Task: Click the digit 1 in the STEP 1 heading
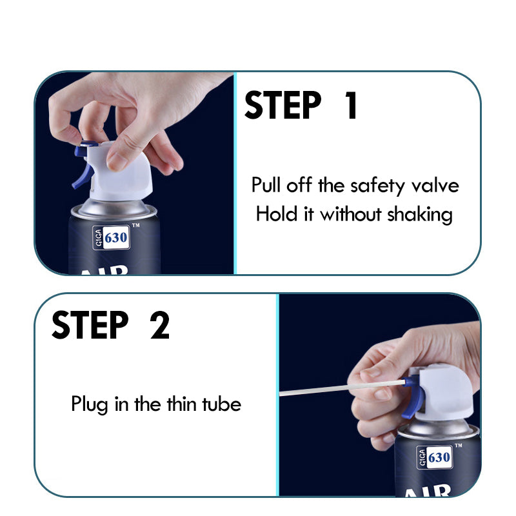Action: coord(352,105)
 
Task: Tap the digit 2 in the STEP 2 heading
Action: coord(160,325)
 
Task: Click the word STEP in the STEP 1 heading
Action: coord(283,105)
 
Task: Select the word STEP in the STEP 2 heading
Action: coord(90,325)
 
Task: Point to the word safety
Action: coord(377,186)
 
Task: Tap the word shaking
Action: coord(420,215)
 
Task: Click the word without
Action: coord(351,214)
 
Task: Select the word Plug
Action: coord(90,404)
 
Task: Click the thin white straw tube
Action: coord(342,388)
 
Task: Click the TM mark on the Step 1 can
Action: coord(135,225)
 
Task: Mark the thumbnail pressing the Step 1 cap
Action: coord(117,162)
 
